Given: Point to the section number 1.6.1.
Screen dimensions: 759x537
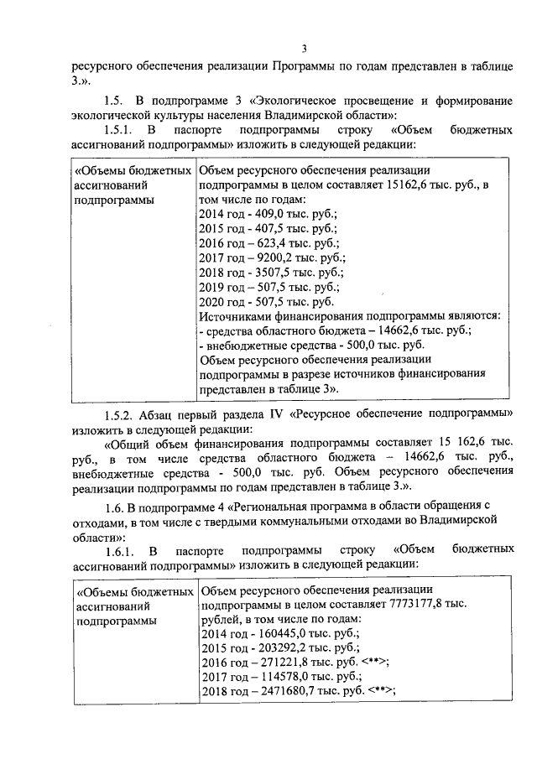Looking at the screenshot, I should click(x=123, y=550).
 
